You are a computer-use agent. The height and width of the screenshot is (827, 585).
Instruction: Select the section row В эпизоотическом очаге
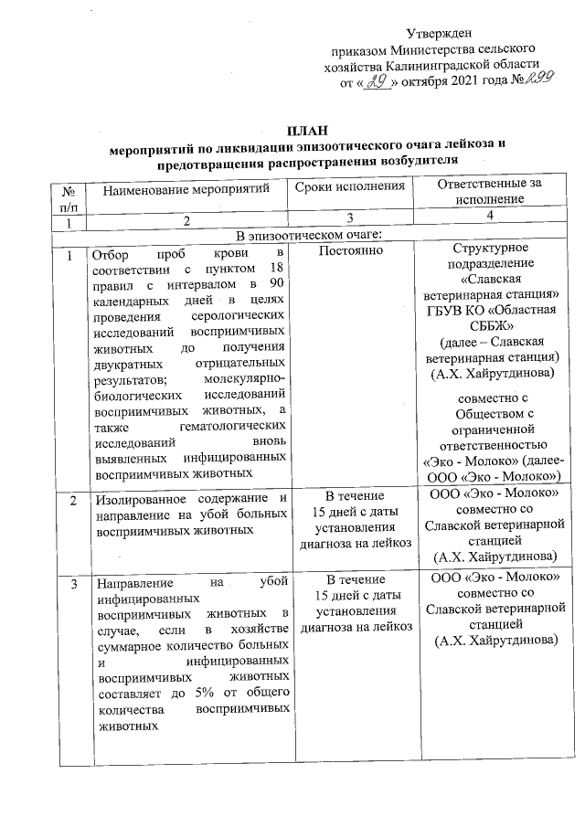(307, 236)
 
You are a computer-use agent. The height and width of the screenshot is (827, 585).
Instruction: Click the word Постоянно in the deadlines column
(349, 249)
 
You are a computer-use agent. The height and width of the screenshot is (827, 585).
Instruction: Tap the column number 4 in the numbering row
(490, 216)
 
